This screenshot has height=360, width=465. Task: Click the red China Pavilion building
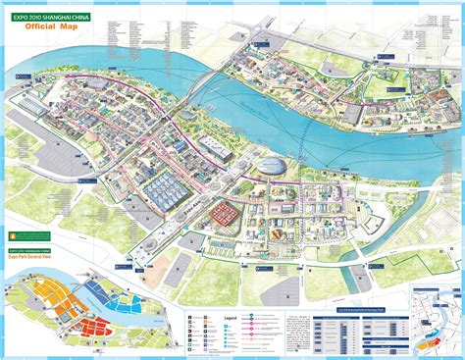(x=226, y=212)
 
